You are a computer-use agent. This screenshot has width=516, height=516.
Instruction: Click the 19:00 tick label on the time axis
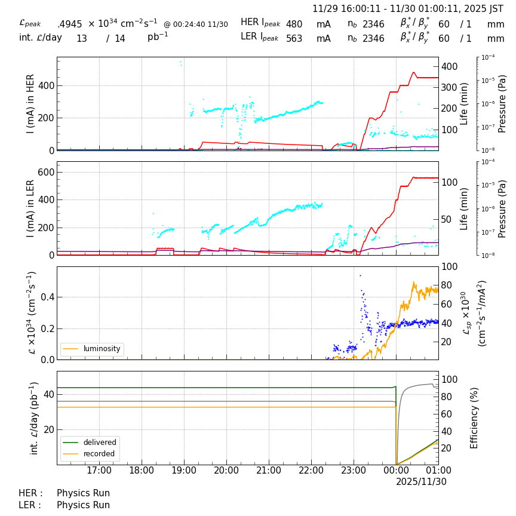tap(184, 471)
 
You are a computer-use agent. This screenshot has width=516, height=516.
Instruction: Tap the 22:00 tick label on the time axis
tap(311, 471)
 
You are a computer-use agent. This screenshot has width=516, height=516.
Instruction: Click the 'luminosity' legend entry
tap(102, 349)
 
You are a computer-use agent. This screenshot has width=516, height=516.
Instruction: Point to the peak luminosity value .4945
tap(70, 24)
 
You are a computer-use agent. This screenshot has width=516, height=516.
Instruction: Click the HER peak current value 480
tap(294, 24)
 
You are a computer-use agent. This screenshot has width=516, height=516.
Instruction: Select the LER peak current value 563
tap(294, 39)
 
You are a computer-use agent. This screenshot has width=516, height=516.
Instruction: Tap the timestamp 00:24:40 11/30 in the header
tap(196, 24)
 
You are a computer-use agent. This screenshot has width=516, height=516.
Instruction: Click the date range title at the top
tap(408, 9)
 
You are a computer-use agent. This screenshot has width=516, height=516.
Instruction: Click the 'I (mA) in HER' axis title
tap(31, 103)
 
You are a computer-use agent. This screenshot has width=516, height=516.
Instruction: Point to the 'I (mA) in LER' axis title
tap(31, 208)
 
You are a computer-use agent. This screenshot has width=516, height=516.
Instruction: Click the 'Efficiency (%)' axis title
tap(475, 417)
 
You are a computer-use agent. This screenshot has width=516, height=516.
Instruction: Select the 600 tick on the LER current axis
tap(47, 172)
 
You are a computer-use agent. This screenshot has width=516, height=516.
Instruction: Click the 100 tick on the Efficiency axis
tap(449, 379)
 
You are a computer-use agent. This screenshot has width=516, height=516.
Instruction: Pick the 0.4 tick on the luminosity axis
tap(47, 297)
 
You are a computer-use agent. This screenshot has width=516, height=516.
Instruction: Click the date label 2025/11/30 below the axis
tap(421, 481)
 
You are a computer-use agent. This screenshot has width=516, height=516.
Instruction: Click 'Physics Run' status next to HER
tap(83, 493)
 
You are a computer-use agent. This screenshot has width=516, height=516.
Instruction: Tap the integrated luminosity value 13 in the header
tap(82, 39)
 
